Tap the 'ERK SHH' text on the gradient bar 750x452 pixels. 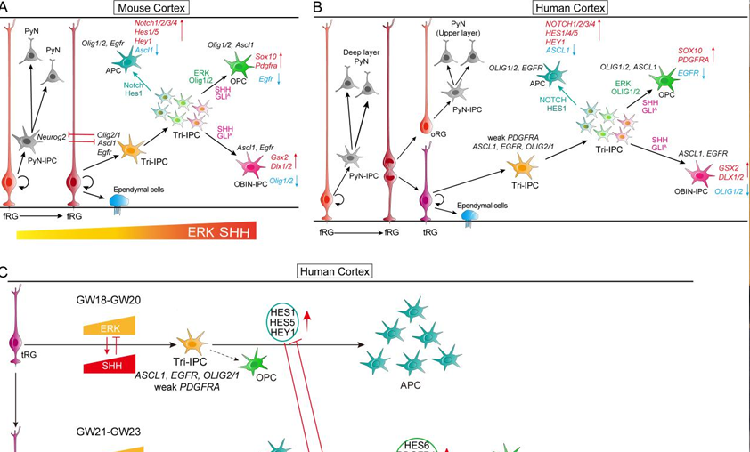[216, 231]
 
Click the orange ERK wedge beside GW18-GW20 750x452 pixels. [108, 328]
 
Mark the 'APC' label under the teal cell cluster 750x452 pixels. [410, 385]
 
